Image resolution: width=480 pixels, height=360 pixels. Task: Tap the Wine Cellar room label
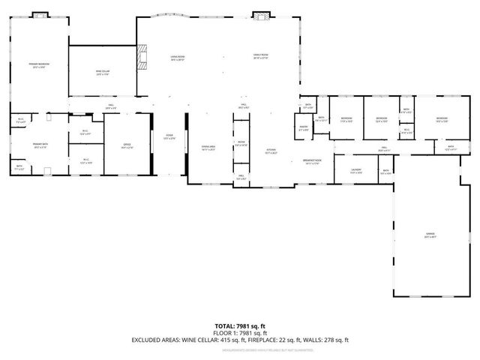(x=102, y=72)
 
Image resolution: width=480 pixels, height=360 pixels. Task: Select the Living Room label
(x=177, y=58)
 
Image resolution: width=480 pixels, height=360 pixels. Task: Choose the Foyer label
(x=169, y=137)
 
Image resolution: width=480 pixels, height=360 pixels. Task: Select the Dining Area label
(x=208, y=148)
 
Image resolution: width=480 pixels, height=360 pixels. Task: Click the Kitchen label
(x=271, y=151)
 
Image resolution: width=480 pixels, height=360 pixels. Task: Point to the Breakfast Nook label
(x=313, y=162)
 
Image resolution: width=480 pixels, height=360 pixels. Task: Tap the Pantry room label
(x=304, y=129)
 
